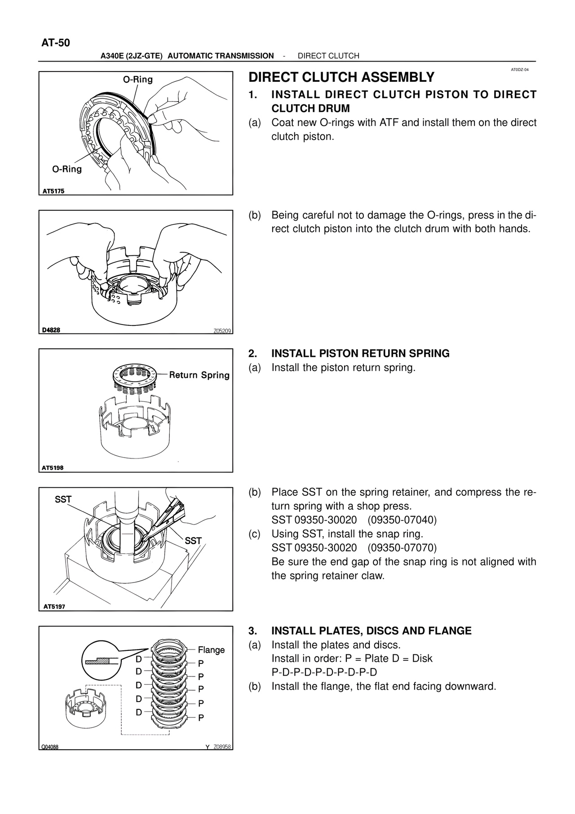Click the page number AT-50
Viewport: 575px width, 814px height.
[x=56, y=43]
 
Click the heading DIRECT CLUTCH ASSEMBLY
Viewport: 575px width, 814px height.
[x=341, y=77]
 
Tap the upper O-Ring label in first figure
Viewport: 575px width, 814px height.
[x=138, y=80]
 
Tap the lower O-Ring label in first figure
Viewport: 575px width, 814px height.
[x=67, y=169]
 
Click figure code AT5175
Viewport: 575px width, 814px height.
[x=53, y=191]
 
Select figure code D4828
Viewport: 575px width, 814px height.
[x=51, y=330]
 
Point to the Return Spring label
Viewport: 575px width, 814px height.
[x=199, y=375]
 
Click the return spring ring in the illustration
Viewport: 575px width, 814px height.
[x=134, y=374]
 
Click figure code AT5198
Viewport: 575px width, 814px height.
[x=53, y=468]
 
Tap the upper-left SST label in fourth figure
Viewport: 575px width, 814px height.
[x=63, y=499]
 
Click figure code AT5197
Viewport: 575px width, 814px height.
[x=54, y=606]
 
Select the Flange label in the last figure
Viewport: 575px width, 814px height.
[x=211, y=650]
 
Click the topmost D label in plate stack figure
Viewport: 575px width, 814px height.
[x=139, y=659]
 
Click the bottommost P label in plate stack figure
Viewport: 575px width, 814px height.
[x=201, y=718]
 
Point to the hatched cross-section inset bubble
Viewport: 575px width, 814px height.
[x=101, y=661]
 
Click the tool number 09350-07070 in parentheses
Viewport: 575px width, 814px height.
[x=402, y=548]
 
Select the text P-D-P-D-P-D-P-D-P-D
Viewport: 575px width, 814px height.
[x=324, y=672]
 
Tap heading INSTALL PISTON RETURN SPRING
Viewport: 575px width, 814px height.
[x=360, y=353]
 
